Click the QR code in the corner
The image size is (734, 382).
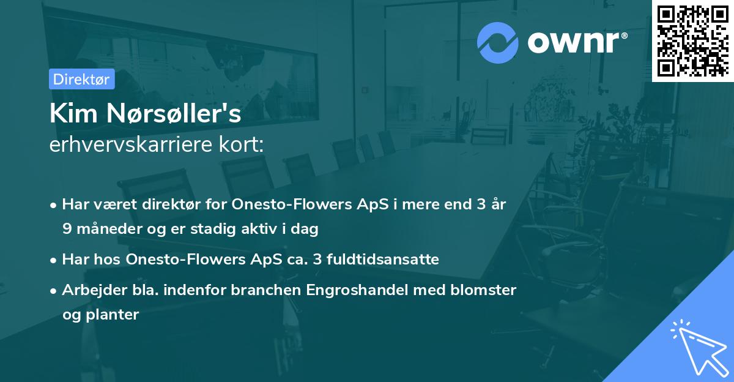coord(693,40)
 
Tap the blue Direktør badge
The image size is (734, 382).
coord(81,79)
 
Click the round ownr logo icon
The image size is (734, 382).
coord(498,42)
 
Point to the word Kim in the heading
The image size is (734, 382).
coord(68,114)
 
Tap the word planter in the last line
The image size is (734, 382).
coord(116,315)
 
